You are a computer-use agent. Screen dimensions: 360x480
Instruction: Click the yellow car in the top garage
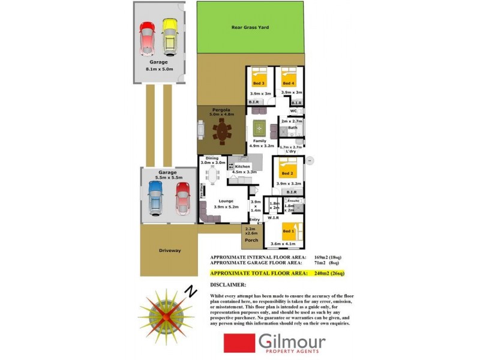pos(170,37)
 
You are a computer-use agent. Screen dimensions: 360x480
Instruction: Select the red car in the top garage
pos(147,38)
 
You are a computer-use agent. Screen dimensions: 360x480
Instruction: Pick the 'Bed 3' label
pos(259,83)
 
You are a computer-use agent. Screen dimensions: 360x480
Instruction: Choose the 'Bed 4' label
pos(289,83)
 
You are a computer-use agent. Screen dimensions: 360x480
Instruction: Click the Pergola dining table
pos(223,132)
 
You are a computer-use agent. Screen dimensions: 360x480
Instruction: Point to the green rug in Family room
pos(259,128)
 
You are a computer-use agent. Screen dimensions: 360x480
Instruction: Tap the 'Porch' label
pos(251,240)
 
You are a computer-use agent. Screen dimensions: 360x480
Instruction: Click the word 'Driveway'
pos(170,250)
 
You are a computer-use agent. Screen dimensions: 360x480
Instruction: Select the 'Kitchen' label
pos(242,166)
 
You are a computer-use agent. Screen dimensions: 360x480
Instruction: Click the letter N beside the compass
pos(191,291)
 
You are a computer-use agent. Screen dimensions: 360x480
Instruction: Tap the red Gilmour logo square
pos(239,344)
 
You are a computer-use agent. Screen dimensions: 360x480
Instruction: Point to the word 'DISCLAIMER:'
pos(229,285)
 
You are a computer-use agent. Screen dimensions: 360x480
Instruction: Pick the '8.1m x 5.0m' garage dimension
pos(159,69)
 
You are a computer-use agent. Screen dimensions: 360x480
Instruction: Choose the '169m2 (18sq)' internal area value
pos(328,257)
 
